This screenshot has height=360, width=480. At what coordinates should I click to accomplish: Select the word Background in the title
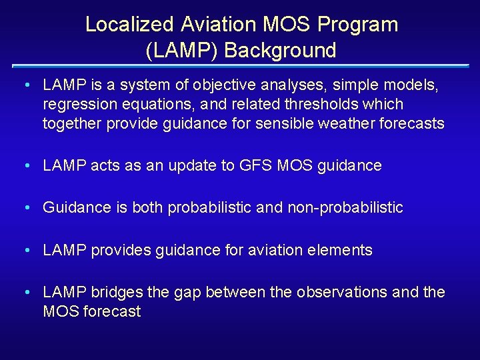(x=281, y=50)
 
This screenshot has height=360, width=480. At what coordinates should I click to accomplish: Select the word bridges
(x=115, y=293)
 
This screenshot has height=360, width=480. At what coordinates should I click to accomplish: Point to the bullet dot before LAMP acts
(x=25, y=166)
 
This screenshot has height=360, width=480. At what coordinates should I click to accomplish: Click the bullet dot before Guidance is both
(x=25, y=208)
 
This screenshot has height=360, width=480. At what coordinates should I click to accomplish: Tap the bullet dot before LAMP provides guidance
(x=25, y=251)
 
